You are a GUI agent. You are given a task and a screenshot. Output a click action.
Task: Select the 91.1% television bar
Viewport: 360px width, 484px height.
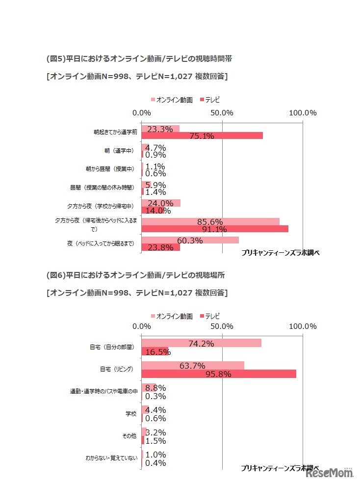pos(215,229)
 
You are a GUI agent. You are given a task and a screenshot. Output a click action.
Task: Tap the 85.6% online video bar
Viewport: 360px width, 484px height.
pos(210,221)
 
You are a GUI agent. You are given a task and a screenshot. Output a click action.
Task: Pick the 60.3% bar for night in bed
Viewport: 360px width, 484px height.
pos(190,240)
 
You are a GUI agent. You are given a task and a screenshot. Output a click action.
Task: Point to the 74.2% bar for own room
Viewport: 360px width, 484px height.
pos(201,343)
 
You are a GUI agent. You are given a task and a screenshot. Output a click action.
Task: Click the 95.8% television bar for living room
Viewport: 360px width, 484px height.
pos(219,374)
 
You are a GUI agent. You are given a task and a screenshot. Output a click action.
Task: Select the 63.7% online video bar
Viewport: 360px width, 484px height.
pos(193,365)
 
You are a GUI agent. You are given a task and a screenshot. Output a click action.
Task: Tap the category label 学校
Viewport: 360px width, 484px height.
pos(131,414)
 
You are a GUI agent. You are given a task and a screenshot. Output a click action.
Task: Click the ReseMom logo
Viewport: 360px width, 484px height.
pos(330,474)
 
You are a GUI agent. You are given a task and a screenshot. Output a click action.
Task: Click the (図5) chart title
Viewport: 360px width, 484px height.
pos(139,58)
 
